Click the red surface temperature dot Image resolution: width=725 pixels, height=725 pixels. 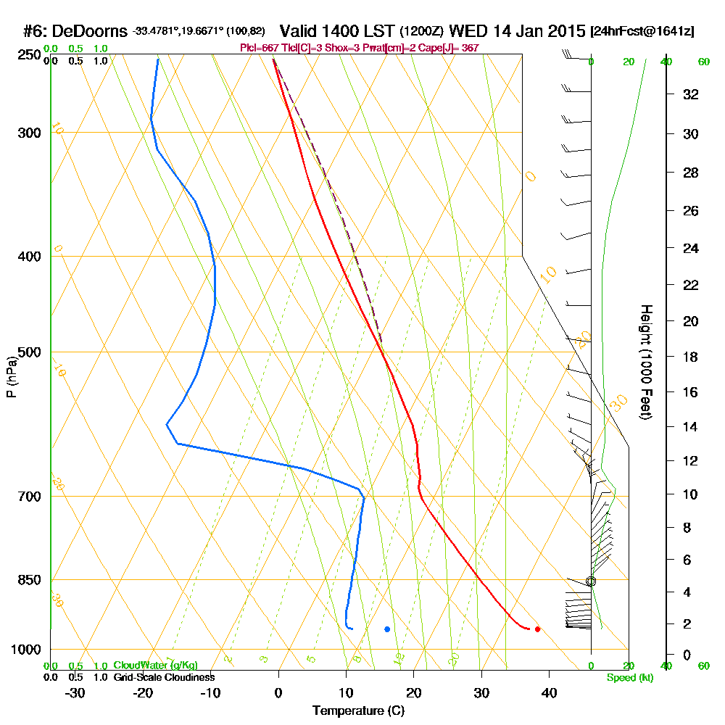[537, 629]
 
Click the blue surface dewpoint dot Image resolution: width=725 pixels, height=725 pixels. [387, 629]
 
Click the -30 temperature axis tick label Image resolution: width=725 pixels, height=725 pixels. [75, 692]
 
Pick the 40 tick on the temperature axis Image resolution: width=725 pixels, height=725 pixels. [549, 692]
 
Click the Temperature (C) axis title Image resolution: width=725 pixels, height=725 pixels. [358, 710]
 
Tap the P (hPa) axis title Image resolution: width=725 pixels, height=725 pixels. [11, 376]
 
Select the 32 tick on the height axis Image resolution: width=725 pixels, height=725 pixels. [691, 94]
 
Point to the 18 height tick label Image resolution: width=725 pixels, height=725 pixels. [691, 357]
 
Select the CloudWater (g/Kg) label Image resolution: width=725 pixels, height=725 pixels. [155, 666]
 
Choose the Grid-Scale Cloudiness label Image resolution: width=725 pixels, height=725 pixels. [164, 677]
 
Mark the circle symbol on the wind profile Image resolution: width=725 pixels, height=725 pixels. [591, 581]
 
